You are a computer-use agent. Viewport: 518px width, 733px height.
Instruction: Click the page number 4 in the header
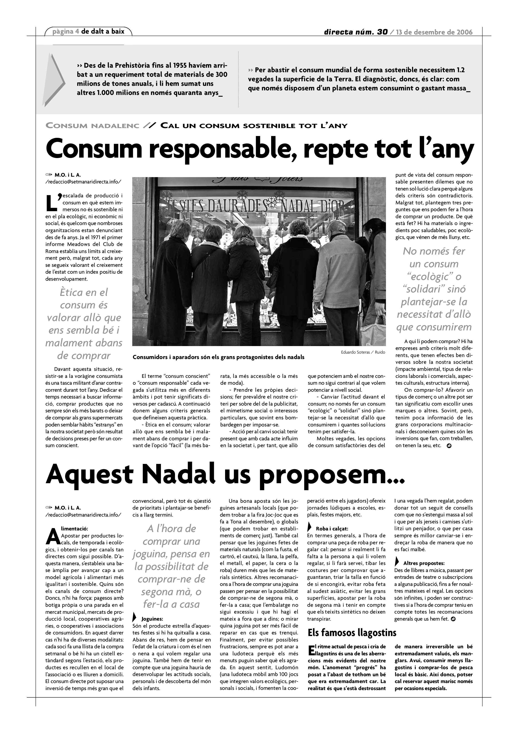(78, 32)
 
